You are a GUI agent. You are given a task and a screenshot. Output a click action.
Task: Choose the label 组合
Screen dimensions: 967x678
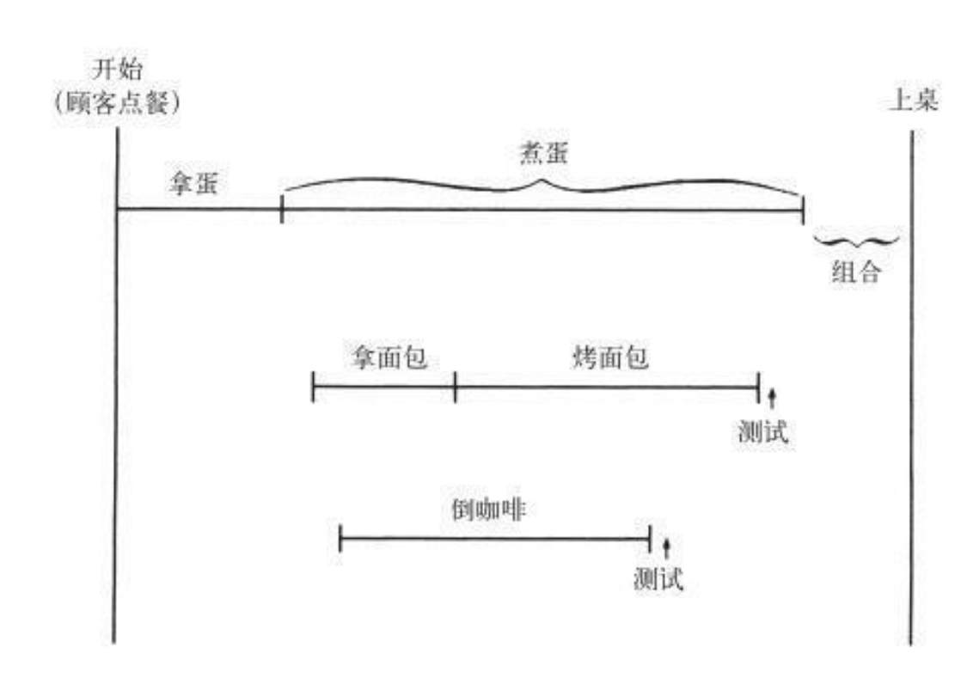click(856, 273)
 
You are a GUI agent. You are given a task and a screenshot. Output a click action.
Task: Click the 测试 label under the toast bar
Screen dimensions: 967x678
click(762, 433)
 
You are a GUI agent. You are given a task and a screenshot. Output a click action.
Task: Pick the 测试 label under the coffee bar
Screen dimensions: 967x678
click(658, 579)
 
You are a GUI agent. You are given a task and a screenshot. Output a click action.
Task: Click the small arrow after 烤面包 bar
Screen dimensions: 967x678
click(772, 397)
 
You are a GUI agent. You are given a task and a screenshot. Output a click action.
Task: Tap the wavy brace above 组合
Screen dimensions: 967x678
click(855, 239)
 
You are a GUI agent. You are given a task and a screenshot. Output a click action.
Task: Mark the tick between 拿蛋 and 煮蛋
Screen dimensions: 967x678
click(282, 210)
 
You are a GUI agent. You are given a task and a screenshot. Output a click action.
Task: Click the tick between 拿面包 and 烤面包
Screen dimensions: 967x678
click(455, 388)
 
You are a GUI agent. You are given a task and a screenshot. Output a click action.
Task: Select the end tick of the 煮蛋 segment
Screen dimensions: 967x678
click(802, 210)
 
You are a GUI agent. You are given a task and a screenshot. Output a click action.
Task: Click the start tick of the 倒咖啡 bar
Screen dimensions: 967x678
click(340, 540)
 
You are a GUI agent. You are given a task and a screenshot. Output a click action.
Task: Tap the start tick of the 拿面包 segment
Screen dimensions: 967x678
click(313, 388)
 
